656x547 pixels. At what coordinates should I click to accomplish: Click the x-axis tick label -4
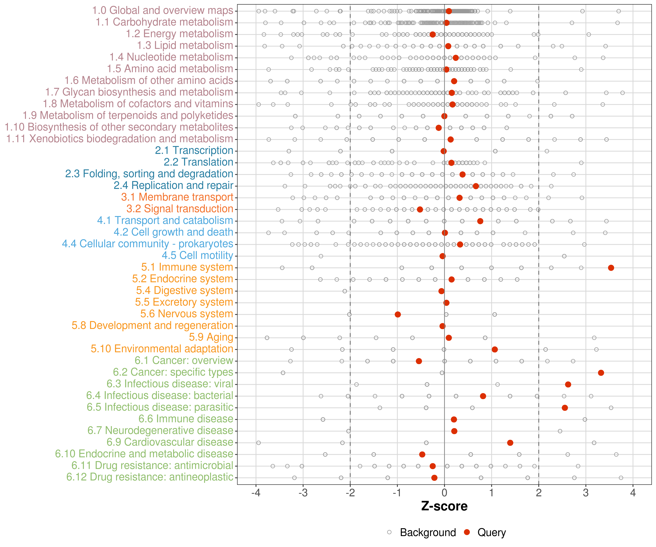point(256,493)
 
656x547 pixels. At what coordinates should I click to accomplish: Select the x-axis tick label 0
point(444,493)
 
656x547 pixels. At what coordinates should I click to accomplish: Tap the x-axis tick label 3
point(586,493)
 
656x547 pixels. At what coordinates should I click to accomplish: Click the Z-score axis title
point(444,506)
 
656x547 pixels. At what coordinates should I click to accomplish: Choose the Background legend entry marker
point(389,532)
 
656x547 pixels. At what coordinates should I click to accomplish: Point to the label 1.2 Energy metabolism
point(179,34)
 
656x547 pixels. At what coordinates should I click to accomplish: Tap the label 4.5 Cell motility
point(197,255)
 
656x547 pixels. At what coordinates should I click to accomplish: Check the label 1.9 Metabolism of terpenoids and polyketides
point(128,115)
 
